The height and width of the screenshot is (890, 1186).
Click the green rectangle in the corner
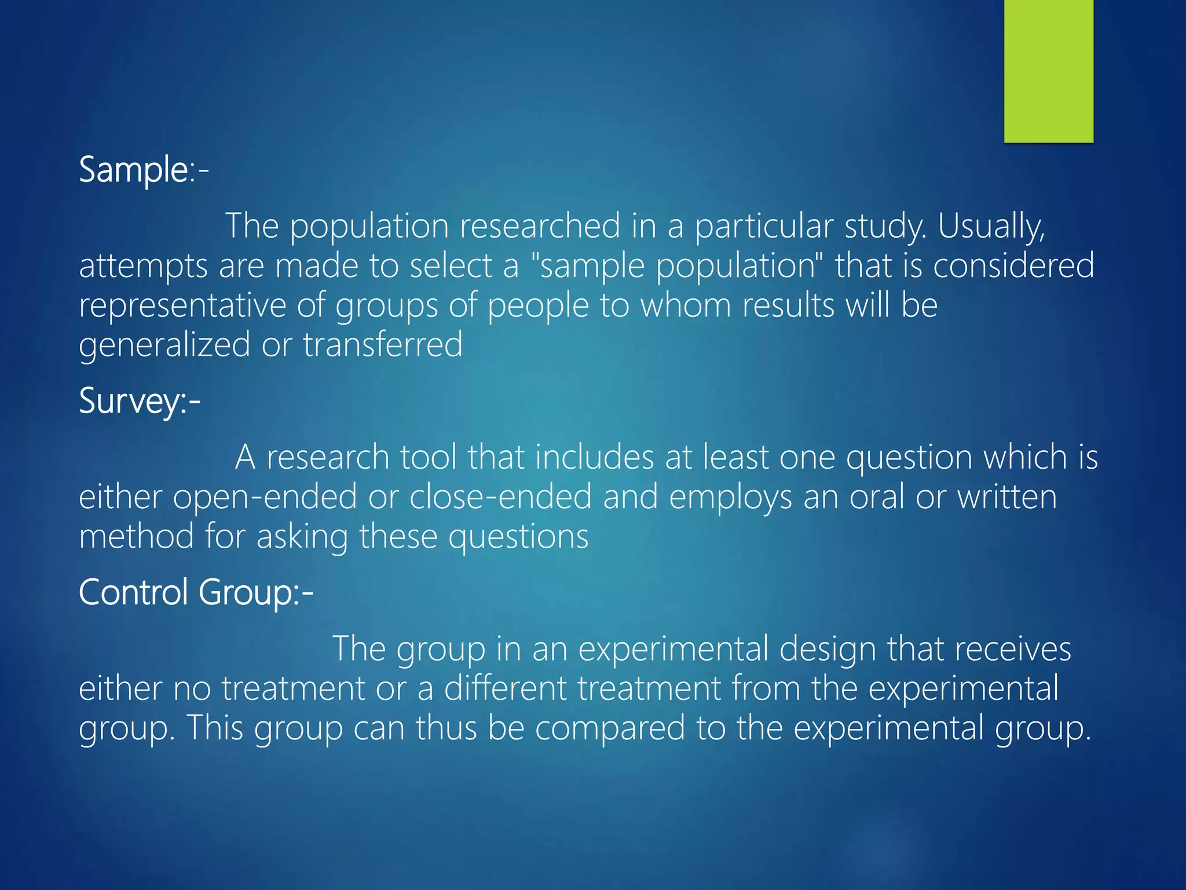click(x=1048, y=71)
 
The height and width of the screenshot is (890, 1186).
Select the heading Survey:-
click(x=140, y=401)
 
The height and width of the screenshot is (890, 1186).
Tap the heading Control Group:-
click(x=196, y=592)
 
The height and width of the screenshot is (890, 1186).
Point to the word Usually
click(x=991, y=226)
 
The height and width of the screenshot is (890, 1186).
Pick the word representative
click(x=182, y=305)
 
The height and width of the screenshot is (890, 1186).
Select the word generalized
click(x=164, y=345)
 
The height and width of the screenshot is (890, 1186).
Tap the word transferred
click(x=383, y=344)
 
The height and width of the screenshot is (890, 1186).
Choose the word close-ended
click(x=500, y=497)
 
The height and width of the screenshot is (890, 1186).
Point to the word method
click(x=137, y=536)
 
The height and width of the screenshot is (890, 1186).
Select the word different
click(x=506, y=688)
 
